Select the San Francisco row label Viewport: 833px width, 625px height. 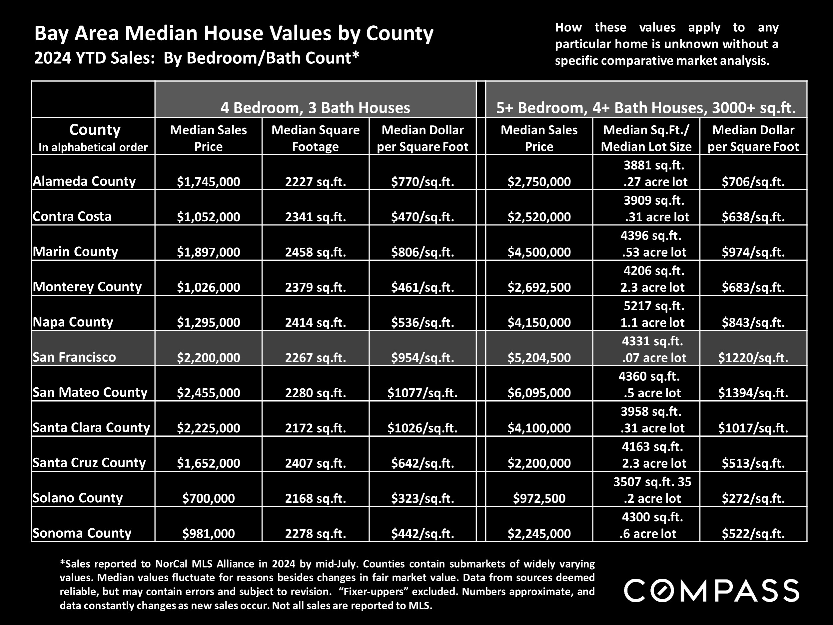click(74, 357)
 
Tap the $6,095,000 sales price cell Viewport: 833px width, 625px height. click(539, 393)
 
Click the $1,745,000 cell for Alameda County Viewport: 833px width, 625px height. click(208, 182)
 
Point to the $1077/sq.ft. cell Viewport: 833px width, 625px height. click(422, 393)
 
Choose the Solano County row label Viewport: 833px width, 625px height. click(78, 498)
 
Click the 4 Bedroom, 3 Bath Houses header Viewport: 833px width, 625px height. click(315, 108)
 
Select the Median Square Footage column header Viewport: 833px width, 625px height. click(315, 138)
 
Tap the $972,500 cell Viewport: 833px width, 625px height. click(539, 498)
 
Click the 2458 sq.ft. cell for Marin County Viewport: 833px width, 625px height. click(315, 252)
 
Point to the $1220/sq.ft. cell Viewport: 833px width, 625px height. click(753, 357)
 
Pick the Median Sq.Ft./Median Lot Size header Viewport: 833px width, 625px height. click(646, 138)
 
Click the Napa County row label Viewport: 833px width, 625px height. click(73, 322)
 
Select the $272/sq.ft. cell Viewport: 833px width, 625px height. click(753, 498)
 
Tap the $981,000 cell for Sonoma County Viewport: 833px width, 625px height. click(208, 533)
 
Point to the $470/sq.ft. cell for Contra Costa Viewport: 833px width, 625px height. click(422, 217)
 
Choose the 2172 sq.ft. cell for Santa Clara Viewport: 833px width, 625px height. click(315, 428)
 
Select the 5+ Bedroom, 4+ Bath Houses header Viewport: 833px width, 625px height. click(646, 108)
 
